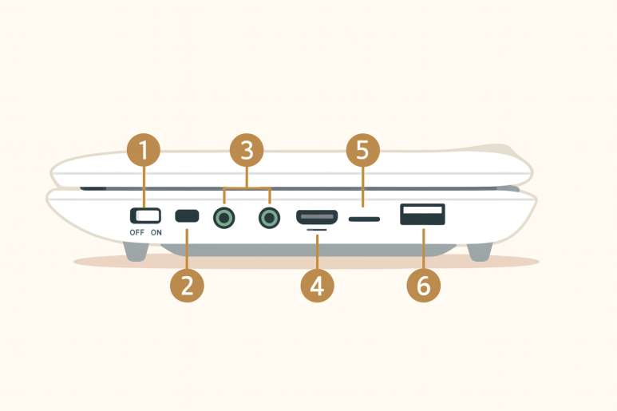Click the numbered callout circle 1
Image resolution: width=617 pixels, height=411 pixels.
[144, 150]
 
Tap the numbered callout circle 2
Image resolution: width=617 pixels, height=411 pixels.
[187, 286]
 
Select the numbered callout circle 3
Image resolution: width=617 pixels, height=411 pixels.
[247, 150]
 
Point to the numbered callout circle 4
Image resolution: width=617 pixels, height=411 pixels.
[317, 286]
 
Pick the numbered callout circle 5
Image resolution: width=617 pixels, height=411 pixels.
[363, 150]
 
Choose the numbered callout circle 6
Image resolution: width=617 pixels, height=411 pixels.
[423, 286]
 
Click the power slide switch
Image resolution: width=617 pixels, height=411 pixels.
[145, 215]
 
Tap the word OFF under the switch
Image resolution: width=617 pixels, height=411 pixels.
[137, 232]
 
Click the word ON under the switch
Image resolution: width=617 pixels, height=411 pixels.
[156, 232]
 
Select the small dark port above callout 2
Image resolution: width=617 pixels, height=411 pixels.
[187, 216]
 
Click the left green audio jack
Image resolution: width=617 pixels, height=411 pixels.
[224, 218]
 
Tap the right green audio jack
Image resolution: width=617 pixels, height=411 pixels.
[270, 218]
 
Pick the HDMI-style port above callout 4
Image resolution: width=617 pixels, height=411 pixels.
[317, 217]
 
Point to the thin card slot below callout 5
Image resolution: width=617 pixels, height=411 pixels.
[365, 219]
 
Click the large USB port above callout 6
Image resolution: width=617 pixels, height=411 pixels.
[422, 215]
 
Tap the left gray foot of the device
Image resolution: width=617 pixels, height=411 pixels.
[136, 251]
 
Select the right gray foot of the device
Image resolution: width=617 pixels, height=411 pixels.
[480, 251]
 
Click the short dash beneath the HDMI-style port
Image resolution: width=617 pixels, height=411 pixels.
[317, 230]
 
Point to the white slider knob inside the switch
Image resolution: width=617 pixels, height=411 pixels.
[148, 215]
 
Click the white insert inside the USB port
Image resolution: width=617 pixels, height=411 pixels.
[422, 210]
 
